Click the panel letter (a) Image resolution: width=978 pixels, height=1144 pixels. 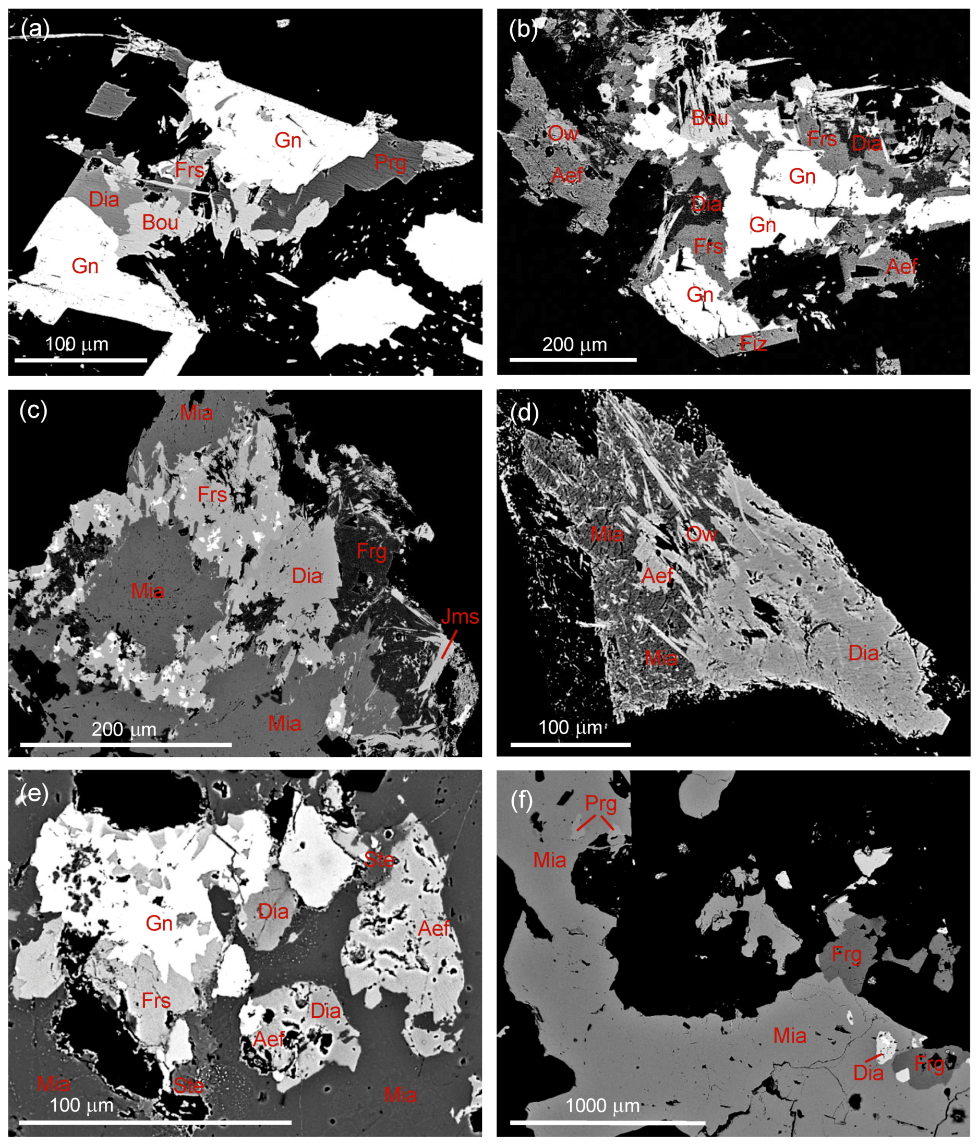(x=34, y=29)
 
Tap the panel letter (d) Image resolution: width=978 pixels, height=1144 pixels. (x=524, y=413)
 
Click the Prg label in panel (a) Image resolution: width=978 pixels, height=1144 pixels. (x=390, y=163)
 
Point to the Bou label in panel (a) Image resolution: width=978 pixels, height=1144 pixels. (x=160, y=223)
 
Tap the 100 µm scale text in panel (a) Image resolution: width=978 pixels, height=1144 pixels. (x=77, y=344)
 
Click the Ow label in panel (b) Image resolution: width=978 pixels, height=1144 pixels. (x=563, y=133)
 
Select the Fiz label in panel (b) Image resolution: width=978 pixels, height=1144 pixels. (x=753, y=344)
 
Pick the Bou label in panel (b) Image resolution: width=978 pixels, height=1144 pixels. (x=710, y=117)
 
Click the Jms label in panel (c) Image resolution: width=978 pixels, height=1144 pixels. (x=460, y=617)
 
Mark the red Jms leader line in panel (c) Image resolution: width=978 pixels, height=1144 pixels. (x=449, y=644)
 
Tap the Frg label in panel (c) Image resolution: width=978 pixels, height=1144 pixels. (x=371, y=551)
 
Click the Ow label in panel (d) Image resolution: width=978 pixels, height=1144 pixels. (x=701, y=534)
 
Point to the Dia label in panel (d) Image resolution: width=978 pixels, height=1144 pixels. (x=863, y=653)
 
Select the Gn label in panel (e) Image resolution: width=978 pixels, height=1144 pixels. (x=159, y=923)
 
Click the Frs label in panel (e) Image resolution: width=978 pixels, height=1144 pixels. (x=156, y=1001)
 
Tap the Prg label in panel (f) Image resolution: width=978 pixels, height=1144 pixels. (x=600, y=804)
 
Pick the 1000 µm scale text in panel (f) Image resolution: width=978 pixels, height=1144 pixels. (x=602, y=1106)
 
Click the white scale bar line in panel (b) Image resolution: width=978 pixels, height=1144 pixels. (x=573, y=359)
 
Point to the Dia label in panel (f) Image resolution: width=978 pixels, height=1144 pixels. (x=868, y=1073)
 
